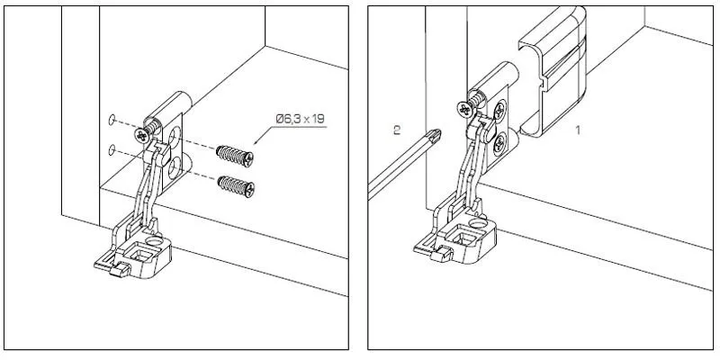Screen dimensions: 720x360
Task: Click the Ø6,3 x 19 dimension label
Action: point(300,119)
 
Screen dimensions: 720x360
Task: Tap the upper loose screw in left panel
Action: point(235,156)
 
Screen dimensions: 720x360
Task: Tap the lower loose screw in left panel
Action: point(236,186)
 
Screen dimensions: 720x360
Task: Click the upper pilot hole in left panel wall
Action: point(111,121)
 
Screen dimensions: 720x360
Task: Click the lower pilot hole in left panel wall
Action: point(112,149)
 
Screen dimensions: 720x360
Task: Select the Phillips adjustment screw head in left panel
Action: point(142,135)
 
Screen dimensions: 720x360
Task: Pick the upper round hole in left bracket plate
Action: point(175,137)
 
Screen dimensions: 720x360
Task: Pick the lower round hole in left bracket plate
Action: point(174,168)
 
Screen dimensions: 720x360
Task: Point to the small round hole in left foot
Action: point(155,240)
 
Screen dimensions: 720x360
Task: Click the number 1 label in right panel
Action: point(578,130)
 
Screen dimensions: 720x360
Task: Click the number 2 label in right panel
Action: point(397,130)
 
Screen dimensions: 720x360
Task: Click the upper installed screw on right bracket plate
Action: point(499,111)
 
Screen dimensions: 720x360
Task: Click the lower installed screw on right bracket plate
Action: point(499,146)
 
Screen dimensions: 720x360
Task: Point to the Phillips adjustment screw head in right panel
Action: point(464,110)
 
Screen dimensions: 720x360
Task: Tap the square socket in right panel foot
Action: point(464,238)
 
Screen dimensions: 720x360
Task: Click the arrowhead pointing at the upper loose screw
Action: point(256,141)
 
